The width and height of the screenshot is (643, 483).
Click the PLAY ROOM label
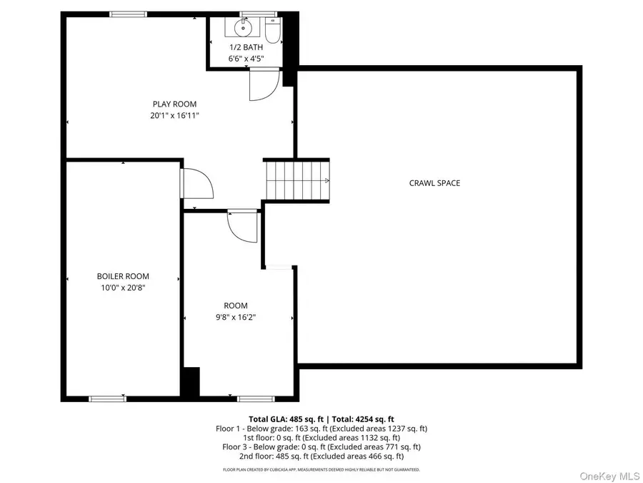pos(174,104)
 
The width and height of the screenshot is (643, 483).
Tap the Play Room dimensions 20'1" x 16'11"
pos(174,114)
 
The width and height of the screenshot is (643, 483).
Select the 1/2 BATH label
pos(246,47)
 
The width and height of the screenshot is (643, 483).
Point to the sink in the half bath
pos(240,29)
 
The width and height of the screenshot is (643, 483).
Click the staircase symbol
pos(297,180)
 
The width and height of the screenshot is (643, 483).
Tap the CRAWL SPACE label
pos(434,183)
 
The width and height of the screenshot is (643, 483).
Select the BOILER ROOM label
pos(123,276)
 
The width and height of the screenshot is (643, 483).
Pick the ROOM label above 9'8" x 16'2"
pos(236,306)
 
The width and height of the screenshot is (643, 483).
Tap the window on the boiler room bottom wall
pos(107,398)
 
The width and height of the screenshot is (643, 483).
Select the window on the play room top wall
pos(129,14)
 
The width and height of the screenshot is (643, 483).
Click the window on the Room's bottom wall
pos(256,398)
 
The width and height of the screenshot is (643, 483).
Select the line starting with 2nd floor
pos(321,456)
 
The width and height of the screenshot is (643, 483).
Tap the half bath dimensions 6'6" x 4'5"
pos(246,59)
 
